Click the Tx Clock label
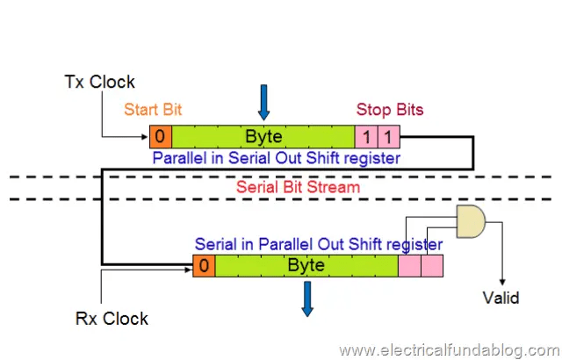[x=100, y=82]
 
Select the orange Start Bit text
[x=155, y=110]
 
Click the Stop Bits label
[x=390, y=110]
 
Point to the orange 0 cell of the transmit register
[x=161, y=136]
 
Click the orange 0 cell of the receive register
[x=203, y=264]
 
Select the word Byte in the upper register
[x=263, y=136]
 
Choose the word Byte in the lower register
[x=306, y=264]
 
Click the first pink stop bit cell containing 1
[x=366, y=136]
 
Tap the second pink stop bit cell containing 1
[x=389, y=136]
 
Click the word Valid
[x=501, y=298]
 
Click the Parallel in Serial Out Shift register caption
[x=277, y=158]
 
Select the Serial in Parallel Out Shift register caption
[x=318, y=243]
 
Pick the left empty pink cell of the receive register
[x=409, y=264]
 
